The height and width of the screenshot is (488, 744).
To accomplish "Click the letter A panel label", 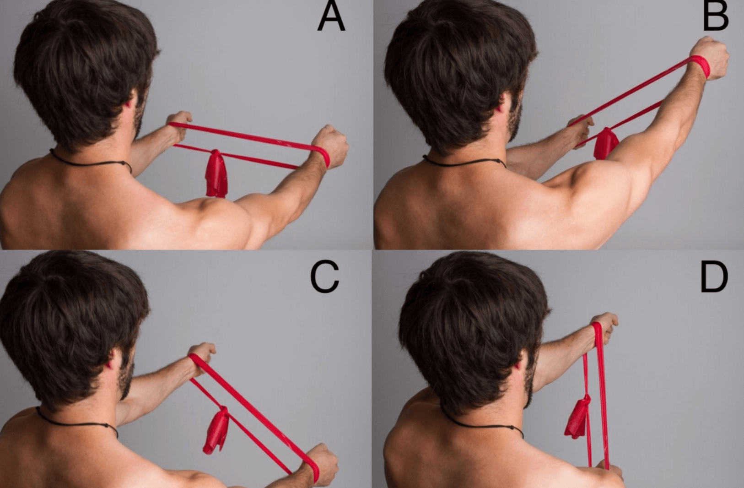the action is [x=331, y=18].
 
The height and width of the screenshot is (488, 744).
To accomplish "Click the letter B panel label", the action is [x=716, y=18].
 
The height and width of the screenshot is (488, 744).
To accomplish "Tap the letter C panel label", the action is [x=324, y=277].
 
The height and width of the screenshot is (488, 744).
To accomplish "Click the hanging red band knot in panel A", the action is [x=216, y=174].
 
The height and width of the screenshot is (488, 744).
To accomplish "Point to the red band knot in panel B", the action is [x=606, y=143].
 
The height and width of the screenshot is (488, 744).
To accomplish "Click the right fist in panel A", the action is [x=330, y=147].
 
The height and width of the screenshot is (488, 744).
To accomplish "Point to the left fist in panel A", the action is [x=179, y=125].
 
